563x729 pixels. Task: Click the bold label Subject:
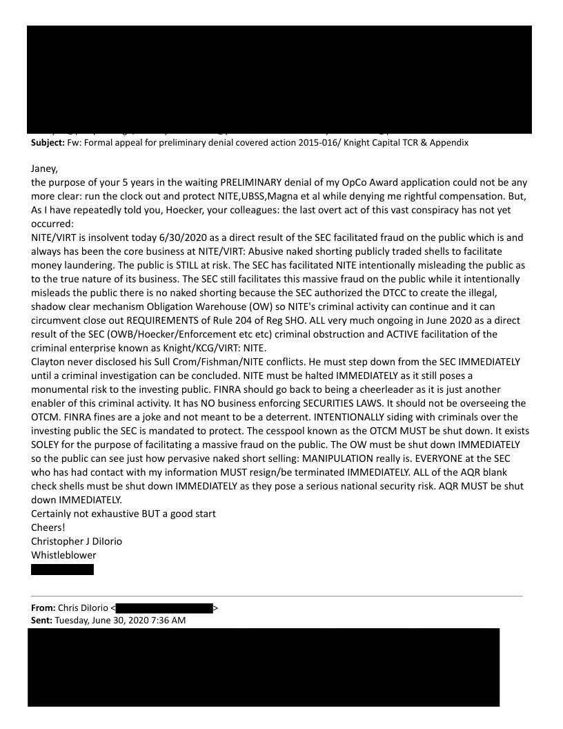(x=49, y=143)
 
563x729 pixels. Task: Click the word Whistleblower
(x=63, y=555)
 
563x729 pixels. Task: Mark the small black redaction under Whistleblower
(x=62, y=570)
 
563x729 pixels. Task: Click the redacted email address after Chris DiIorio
(x=164, y=608)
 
